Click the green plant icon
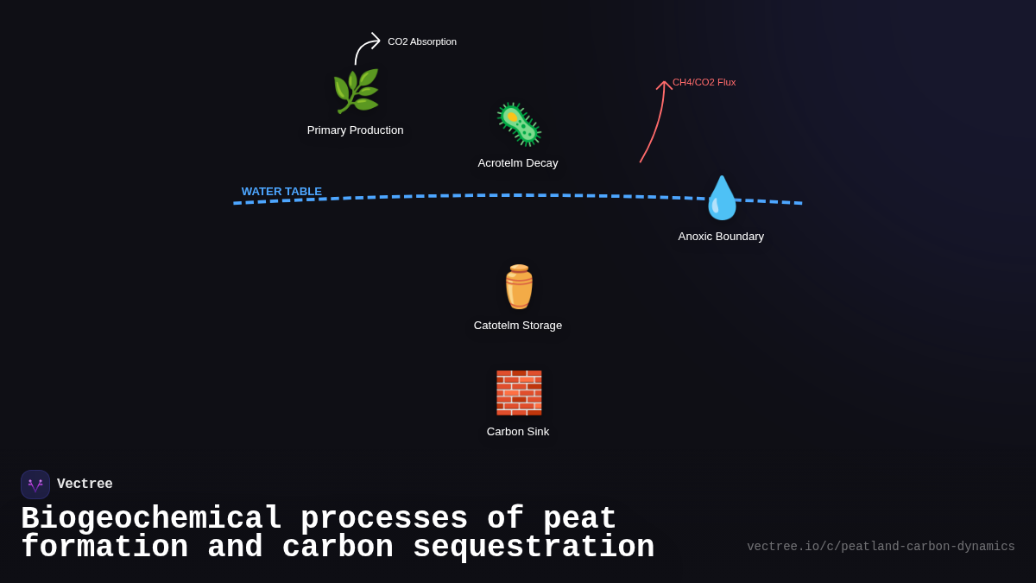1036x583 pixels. (356, 92)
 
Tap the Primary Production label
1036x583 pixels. (355, 130)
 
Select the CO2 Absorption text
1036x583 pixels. (422, 41)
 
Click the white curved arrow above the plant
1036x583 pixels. (364, 48)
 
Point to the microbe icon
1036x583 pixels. (519, 124)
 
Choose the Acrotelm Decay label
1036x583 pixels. (518, 163)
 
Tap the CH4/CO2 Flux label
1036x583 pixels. (704, 82)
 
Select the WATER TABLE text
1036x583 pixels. (281, 192)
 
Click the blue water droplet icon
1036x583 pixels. (722, 199)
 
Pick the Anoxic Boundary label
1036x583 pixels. (721, 237)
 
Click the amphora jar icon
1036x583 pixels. (519, 287)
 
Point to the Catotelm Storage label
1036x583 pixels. (518, 326)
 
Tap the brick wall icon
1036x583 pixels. (519, 393)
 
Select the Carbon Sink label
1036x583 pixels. (518, 432)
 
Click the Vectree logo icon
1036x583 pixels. (35, 485)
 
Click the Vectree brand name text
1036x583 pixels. (85, 485)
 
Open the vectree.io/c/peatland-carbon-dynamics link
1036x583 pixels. (881, 547)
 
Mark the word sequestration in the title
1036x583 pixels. (534, 548)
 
